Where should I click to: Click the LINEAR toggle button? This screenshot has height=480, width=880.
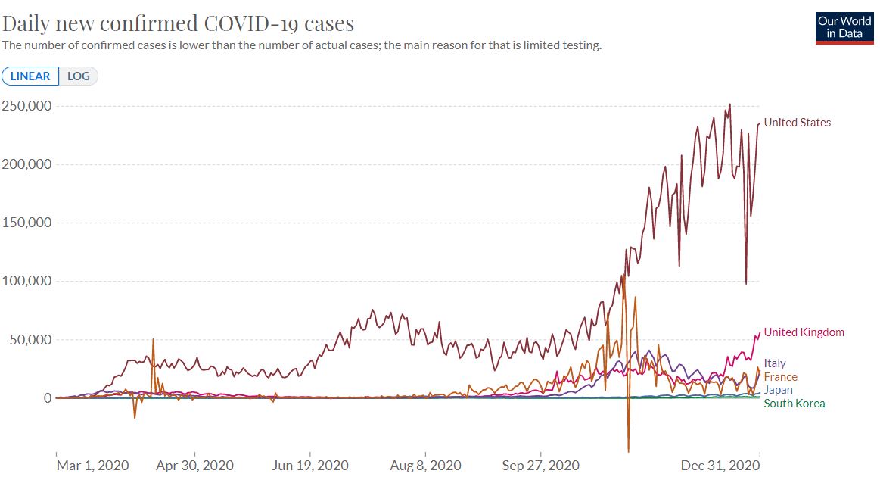[x=30, y=76]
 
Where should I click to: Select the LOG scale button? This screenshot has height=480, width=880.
[x=79, y=76]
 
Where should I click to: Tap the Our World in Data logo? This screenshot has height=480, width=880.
[x=844, y=27]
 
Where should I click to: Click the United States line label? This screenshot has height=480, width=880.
[x=797, y=123]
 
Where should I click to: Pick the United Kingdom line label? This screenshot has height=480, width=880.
[x=804, y=332]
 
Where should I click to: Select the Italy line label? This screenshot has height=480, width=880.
[x=775, y=364]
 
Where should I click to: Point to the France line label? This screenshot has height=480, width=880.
[x=780, y=377]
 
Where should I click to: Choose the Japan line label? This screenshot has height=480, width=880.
[x=779, y=390]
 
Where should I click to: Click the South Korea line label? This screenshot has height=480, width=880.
[x=794, y=404]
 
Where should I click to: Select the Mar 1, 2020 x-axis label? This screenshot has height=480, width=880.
[x=92, y=466]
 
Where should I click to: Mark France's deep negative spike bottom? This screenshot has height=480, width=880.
[x=629, y=452]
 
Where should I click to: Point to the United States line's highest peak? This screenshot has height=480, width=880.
[x=729, y=104]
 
